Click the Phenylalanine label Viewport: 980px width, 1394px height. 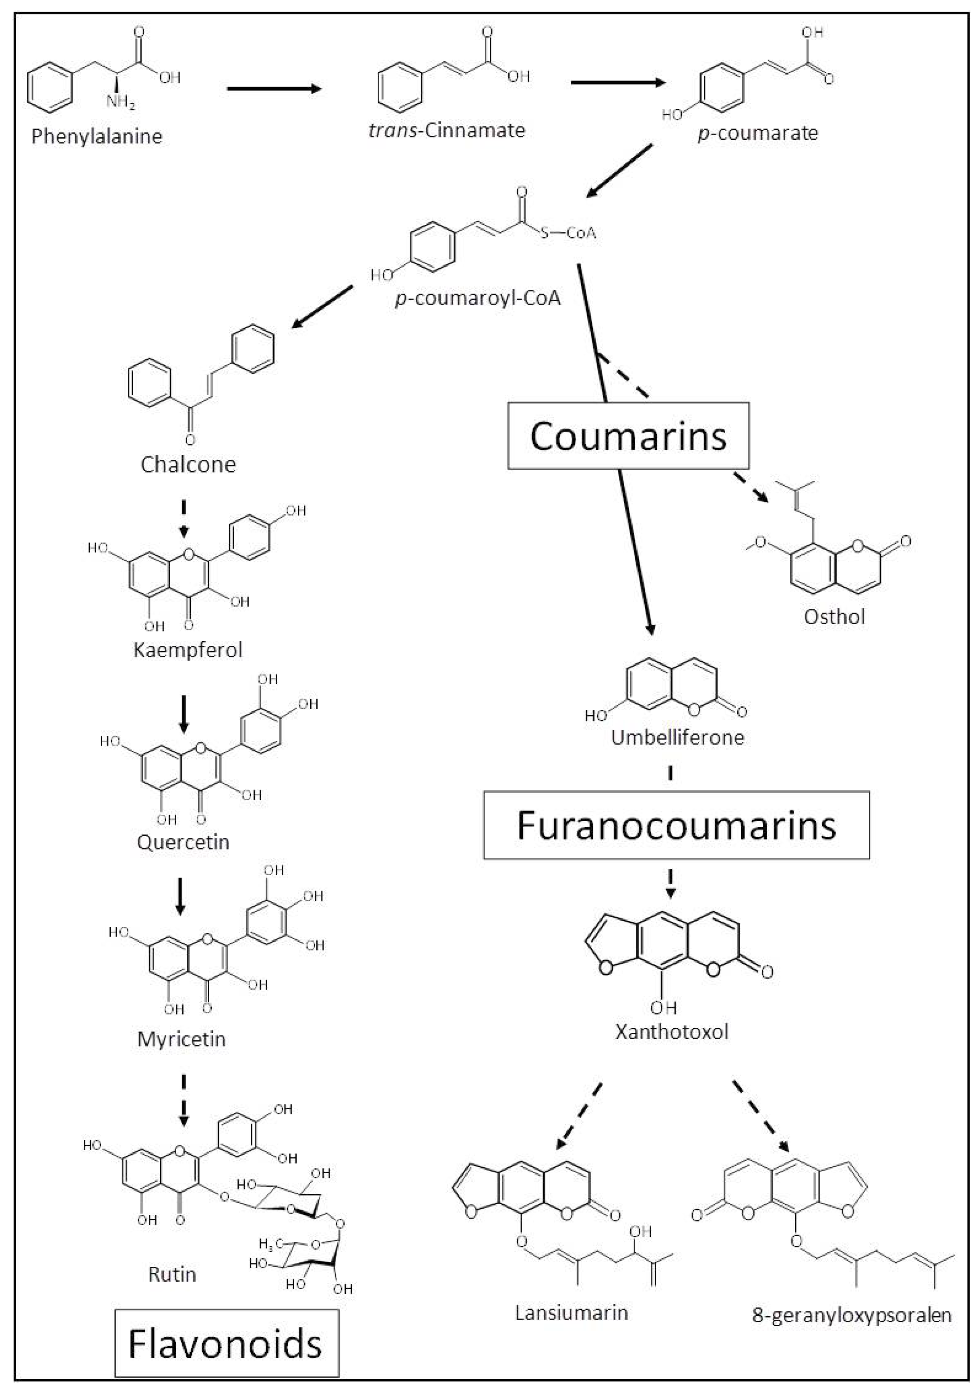[x=97, y=136]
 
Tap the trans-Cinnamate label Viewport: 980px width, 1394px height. [x=447, y=130]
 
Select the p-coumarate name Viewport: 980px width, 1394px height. [x=758, y=133]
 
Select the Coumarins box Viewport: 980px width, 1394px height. [x=628, y=436]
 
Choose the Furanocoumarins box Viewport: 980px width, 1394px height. [x=676, y=825]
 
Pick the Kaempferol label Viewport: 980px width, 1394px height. [x=188, y=650]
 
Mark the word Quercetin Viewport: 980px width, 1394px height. [x=183, y=842]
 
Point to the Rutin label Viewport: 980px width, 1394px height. [x=172, y=1274]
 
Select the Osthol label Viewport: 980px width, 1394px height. [x=834, y=617]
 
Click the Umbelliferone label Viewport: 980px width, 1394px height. [x=677, y=737]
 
